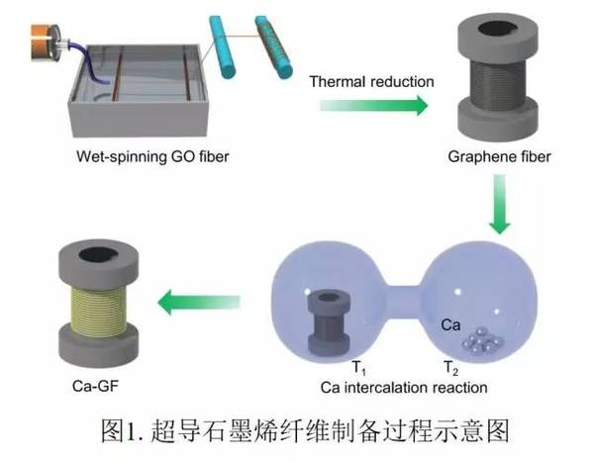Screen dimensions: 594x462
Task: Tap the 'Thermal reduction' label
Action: (x=371, y=82)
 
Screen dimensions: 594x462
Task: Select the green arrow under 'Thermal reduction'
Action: (x=373, y=105)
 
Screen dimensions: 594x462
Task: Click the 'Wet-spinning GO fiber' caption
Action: (x=152, y=156)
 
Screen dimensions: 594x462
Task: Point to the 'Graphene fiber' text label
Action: (x=499, y=156)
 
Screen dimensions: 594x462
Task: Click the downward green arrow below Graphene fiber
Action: (x=500, y=204)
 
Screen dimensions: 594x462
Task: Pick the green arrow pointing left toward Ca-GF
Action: (x=199, y=302)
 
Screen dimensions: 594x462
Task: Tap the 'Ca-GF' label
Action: (x=95, y=386)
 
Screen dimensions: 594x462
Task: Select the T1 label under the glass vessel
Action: (x=359, y=368)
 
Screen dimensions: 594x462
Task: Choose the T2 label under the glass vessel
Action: (x=450, y=368)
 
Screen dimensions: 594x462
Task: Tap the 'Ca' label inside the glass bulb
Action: (x=450, y=324)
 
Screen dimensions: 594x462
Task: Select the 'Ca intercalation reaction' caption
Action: (x=404, y=388)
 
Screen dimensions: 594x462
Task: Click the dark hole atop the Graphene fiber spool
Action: (x=498, y=29)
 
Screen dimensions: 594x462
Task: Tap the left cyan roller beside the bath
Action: (x=223, y=46)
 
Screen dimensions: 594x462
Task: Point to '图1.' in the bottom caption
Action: (x=122, y=430)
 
